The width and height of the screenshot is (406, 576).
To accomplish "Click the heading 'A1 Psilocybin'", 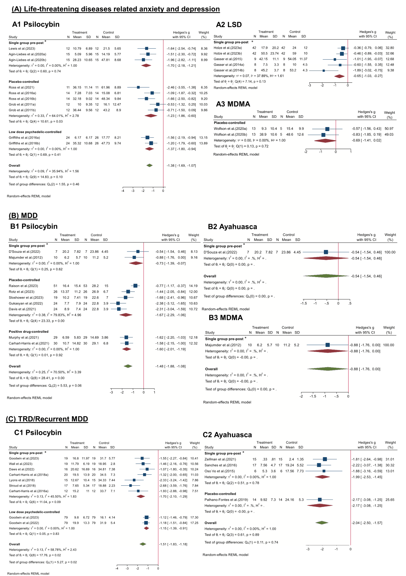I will tap(36, 24).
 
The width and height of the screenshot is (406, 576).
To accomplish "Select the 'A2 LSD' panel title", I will tap(229, 25).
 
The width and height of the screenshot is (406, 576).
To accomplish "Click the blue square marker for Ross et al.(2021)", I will tap(138, 87).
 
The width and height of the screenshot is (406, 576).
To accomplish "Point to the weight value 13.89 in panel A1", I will tap(203, 144).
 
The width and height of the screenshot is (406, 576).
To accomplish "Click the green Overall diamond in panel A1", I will tap(149, 165).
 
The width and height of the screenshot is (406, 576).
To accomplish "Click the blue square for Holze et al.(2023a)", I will tap(343, 48).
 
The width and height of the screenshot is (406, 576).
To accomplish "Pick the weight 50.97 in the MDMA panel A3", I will tap(389, 129).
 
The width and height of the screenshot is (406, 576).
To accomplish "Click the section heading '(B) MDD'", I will tap(23, 215).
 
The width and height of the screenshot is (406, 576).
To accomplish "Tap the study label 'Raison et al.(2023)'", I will tap(23, 286).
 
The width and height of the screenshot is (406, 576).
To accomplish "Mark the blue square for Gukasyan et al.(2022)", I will tap(118, 303).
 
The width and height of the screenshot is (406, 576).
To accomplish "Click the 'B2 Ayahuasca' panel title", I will tap(232, 227).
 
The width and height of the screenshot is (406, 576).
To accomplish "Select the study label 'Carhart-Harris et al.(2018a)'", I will tap(29, 475).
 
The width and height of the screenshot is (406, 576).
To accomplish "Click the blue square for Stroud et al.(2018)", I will tap(130, 486).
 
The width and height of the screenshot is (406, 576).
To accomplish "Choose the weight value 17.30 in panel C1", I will tap(194, 518).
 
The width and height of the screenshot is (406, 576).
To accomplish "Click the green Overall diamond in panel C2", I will tap(322, 523).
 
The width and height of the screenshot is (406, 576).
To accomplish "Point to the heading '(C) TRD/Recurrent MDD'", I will tap(47, 419).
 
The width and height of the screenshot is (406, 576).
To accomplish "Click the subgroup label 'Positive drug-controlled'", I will tap(29, 332).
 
